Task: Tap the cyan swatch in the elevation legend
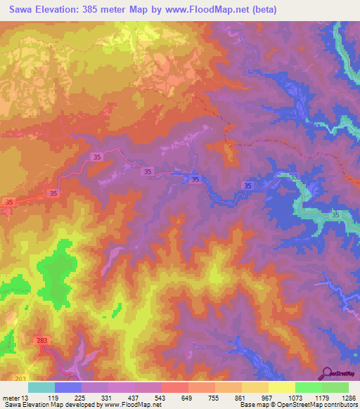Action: coord(41,387)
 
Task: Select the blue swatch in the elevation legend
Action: coord(68,387)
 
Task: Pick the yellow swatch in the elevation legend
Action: coord(281,387)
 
